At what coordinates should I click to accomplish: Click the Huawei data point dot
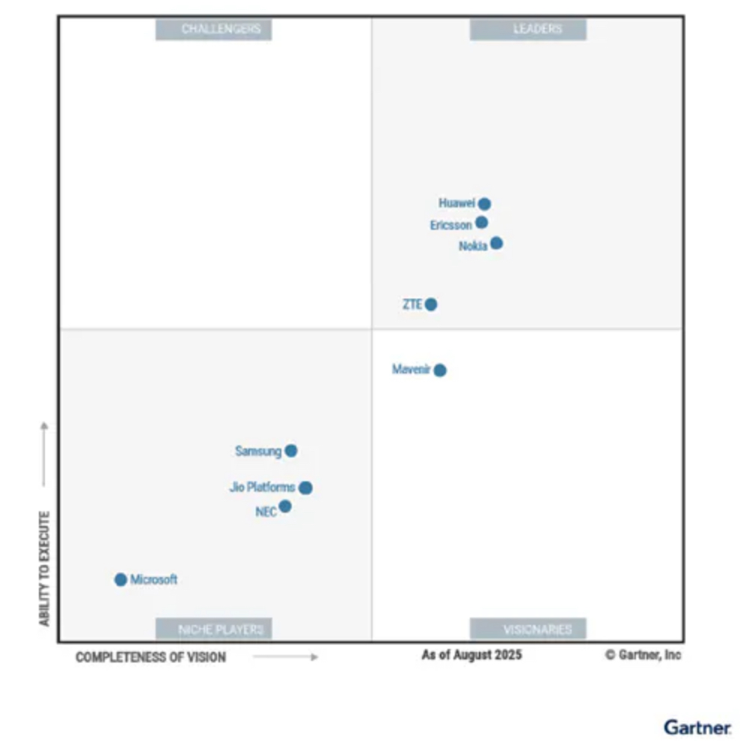click(x=484, y=204)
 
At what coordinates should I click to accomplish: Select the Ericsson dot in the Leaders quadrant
click(x=481, y=222)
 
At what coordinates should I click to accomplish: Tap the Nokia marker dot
click(x=496, y=243)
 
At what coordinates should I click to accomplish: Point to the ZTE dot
click(x=430, y=304)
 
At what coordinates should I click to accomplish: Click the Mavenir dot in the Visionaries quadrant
click(x=440, y=370)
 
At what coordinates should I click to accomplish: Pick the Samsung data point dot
click(x=291, y=451)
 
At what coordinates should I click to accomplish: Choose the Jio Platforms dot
click(x=305, y=488)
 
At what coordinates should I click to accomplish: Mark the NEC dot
click(x=285, y=507)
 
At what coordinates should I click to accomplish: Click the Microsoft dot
click(x=120, y=579)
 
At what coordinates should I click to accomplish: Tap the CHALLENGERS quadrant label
click(x=213, y=29)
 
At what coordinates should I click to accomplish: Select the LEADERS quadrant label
click(x=528, y=29)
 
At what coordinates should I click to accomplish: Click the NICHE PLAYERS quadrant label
click(x=213, y=629)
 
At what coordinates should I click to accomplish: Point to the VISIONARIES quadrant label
click(x=528, y=629)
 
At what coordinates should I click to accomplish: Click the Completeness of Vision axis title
click(x=150, y=657)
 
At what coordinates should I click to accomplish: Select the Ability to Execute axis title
click(x=44, y=569)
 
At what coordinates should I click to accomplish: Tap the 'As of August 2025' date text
click(x=471, y=655)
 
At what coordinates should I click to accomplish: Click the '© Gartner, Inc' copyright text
click(x=643, y=655)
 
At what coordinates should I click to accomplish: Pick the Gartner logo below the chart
click(x=697, y=727)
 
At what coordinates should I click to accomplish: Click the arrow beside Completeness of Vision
click(x=285, y=657)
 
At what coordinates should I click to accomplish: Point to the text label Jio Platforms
click(x=262, y=487)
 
